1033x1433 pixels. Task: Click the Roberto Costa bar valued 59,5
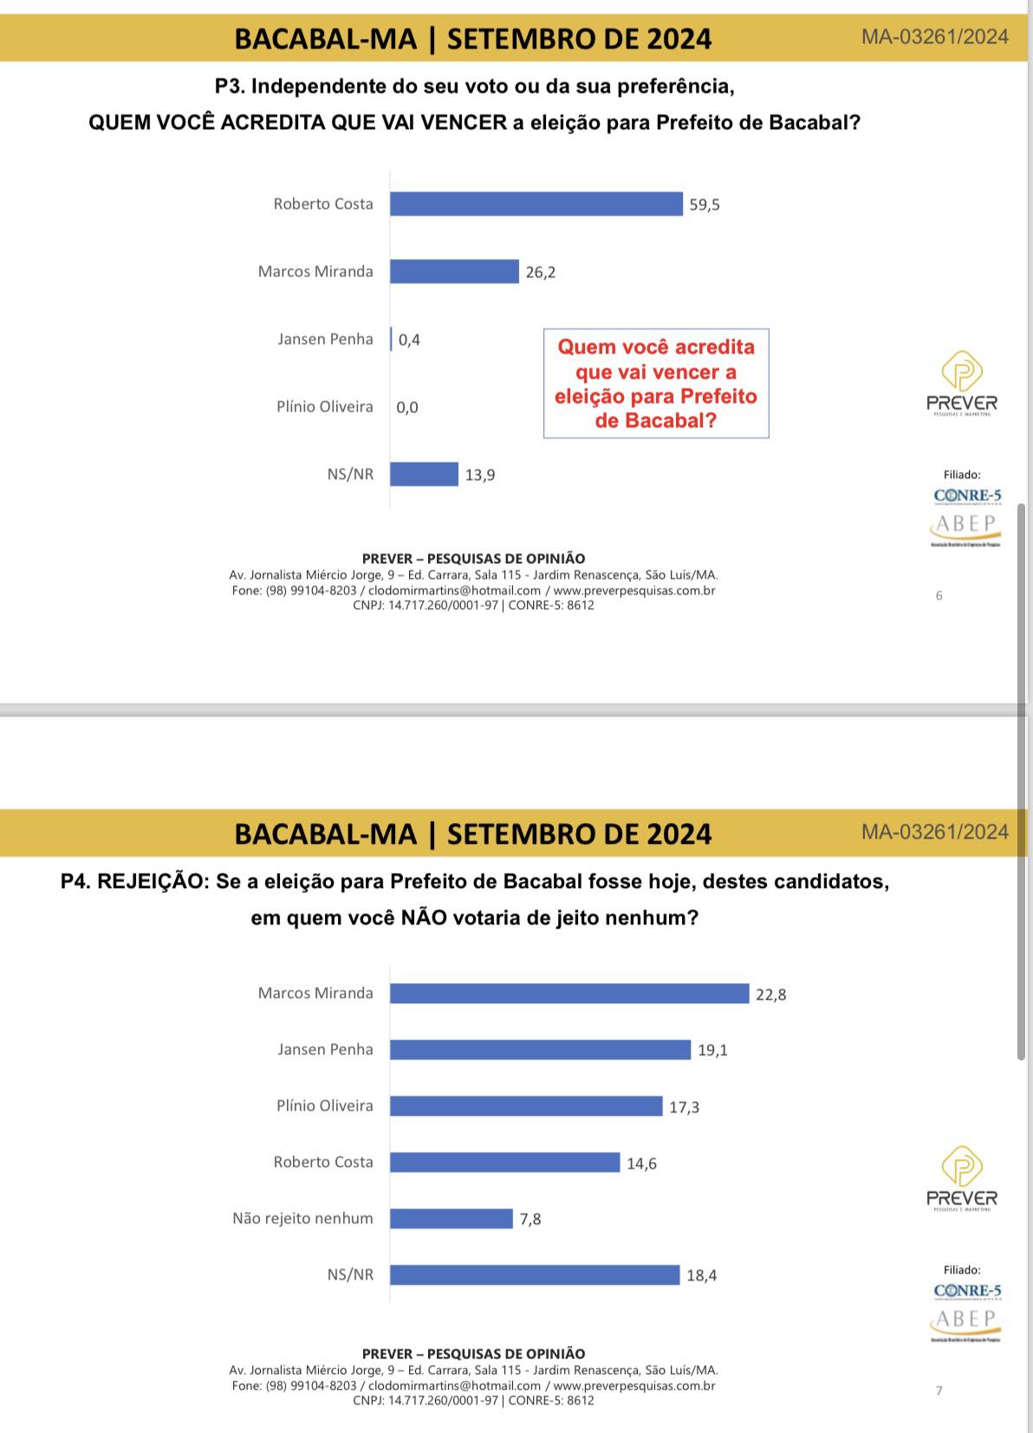tap(536, 204)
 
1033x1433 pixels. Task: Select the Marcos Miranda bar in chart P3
tap(454, 271)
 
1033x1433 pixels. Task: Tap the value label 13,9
tap(480, 475)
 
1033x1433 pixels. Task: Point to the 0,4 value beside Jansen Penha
tap(409, 340)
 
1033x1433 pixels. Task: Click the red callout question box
tap(656, 383)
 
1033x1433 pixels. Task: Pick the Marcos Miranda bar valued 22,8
tap(568, 994)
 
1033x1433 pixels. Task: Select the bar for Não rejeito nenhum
tap(451, 1218)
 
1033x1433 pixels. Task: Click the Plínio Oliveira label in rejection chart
tap(324, 1106)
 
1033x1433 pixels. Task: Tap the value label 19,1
tap(712, 1050)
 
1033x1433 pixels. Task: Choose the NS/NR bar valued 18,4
tap(534, 1274)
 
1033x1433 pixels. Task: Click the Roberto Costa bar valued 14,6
tap(504, 1162)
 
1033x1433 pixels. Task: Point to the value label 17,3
tap(684, 1107)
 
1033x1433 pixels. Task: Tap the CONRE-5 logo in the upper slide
tap(967, 496)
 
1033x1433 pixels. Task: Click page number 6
tap(939, 596)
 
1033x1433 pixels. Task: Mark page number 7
tap(939, 1391)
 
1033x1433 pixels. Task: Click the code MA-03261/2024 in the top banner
tap(934, 36)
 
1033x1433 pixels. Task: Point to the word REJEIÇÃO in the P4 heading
tap(153, 882)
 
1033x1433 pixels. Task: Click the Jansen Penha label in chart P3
tap(325, 339)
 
